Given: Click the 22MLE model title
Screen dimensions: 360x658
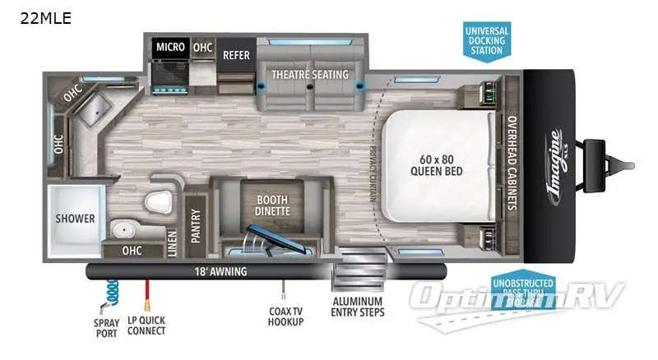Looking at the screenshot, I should tap(46, 18).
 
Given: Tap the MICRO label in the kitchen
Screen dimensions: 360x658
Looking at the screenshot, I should tap(169, 48).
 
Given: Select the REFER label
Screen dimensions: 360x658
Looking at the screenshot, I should tap(236, 56).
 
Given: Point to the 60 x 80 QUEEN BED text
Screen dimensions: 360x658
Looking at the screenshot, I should tap(437, 165).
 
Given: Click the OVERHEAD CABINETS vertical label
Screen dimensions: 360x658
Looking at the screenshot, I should tap(512, 163).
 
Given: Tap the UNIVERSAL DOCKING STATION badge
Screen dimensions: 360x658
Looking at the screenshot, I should tap(488, 39).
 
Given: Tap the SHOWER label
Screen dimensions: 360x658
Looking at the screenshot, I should tap(75, 219).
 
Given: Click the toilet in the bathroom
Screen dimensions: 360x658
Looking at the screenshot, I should tap(156, 202).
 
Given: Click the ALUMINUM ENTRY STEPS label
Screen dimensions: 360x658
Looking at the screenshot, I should tap(358, 305).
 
